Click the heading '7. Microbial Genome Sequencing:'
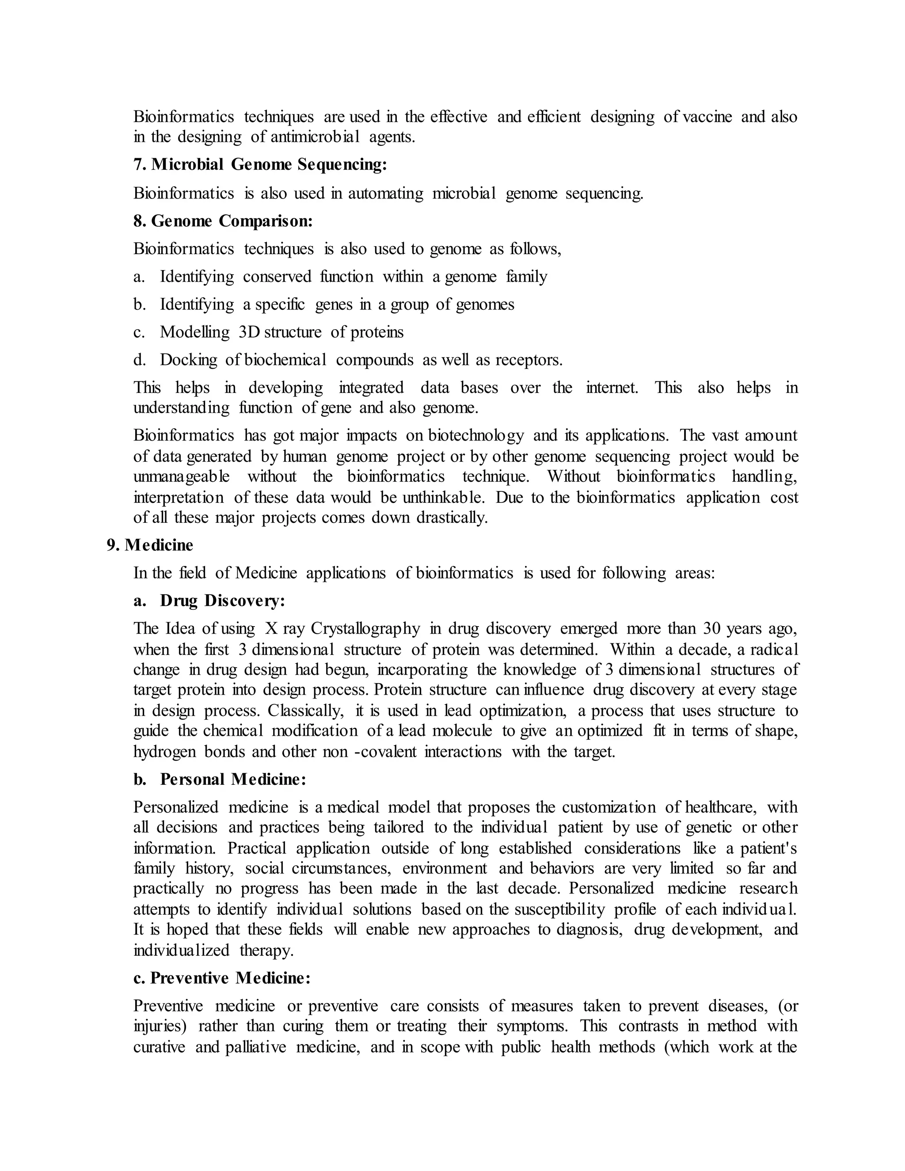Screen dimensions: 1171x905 (260, 165)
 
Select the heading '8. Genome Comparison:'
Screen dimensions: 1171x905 (223, 221)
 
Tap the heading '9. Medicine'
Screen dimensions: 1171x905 (150, 545)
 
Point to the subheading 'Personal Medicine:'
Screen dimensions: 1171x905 (233, 779)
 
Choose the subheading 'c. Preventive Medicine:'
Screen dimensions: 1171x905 (222, 978)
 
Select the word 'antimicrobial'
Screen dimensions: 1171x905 (315, 137)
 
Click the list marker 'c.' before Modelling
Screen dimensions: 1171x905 (139, 332)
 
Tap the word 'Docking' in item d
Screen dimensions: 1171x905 (188, 360)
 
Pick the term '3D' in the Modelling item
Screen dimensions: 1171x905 (249, 332)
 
